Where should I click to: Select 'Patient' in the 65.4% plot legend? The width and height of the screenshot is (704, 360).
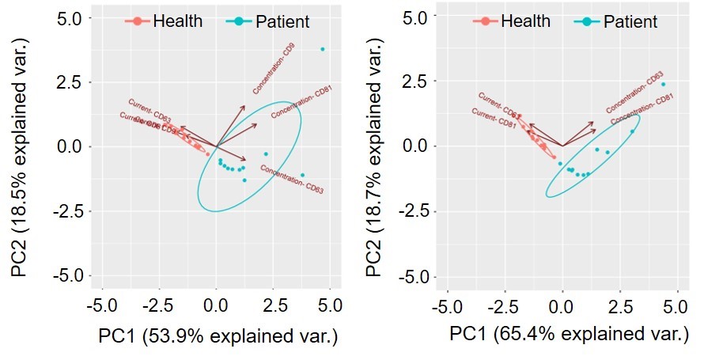click(630, 21)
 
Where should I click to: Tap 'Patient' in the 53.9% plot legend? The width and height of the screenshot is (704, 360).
click(282, 21)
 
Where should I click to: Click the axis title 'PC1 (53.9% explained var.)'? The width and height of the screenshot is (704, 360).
click(218, 337)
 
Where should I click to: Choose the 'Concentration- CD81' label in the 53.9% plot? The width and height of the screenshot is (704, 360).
click(301, 103)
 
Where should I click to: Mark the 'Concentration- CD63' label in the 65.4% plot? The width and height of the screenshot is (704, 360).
click(634, 93)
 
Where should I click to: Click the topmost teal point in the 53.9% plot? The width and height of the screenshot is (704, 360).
click(322, 49)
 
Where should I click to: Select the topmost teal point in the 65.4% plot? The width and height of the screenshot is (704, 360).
click(663, 84)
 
